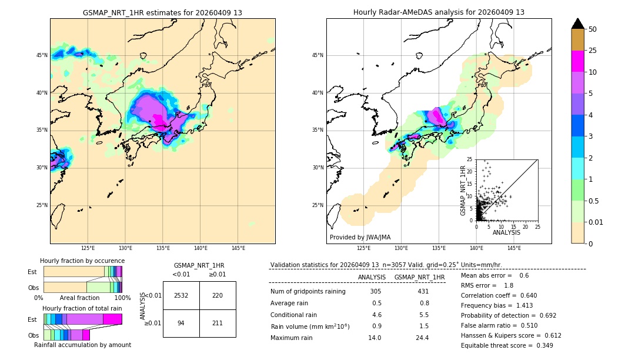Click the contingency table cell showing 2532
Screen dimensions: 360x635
[x=181, y=295]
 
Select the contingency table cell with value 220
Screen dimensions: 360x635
[x=218, y=295]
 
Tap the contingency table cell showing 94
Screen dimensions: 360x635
[x=181, y=323]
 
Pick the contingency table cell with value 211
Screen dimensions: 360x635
[x=218, y=323]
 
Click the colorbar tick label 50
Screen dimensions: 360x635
[x=593, y=29]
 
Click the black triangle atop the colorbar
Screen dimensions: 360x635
[x=578, y=24]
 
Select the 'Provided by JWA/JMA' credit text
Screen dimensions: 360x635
[x=360, y=238]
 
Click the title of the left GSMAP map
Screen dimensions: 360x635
[x=163, y=12]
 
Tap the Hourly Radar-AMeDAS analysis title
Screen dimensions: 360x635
[x=439, y=12]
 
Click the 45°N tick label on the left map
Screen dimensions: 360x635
[x=42, y=55]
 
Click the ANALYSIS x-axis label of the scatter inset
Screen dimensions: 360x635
[x=506, y=232]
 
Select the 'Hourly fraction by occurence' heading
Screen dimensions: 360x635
[x=82, y=261]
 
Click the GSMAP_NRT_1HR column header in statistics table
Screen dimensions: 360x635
[x=419, y=277]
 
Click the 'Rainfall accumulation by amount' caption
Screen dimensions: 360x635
[x=82, y=345]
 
